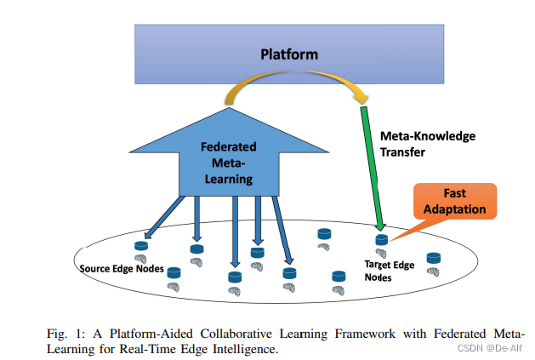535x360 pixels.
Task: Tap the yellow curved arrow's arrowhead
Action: coord(362,96)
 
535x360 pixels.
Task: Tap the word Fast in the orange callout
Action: coord(454,193)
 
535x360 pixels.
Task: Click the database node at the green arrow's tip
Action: coord(381,240)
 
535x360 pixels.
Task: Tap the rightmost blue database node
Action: coord(433,257)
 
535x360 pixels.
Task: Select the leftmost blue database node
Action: coord(141,246)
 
